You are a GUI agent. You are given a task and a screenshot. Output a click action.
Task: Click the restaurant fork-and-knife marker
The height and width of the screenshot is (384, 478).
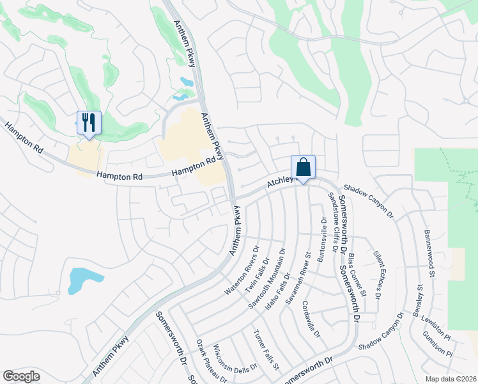point(89,122)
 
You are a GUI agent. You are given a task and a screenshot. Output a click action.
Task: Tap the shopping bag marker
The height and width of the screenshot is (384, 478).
point(303,167)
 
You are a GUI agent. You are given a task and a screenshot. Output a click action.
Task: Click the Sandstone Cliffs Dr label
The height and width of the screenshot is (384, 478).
point(334,216)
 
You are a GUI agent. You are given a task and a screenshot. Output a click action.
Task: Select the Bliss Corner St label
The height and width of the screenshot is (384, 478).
point(357,275)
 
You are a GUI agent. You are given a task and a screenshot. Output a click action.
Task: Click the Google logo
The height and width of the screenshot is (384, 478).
point(22,376)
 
